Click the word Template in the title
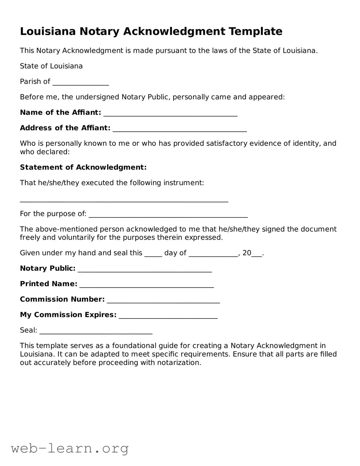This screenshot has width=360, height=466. pyautogui.click(x=255, y=32)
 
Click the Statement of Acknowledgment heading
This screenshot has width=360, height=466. pyautogui.click(x=83, y=167)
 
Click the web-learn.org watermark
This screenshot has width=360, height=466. pyautogui.click(x=70, y=448)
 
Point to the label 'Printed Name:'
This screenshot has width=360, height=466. pyautogui.click(x=49, y=284)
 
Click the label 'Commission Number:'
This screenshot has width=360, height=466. pyautogui.click(x=62, y=299)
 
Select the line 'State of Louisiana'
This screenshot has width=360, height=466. pyautogui.click(x=51, y=66)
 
